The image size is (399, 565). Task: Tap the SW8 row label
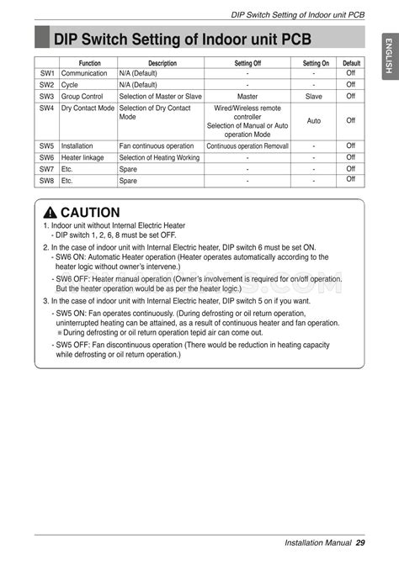click(46, 181)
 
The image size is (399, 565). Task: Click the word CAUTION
click(89, 213)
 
